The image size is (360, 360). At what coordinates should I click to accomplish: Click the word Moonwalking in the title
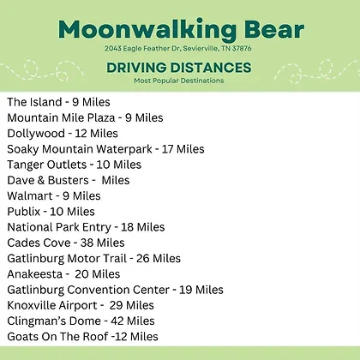tap(147, 30)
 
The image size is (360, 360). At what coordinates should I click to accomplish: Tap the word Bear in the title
tap(274, 30)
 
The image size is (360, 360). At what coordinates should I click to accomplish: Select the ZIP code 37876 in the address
tap(242, 48)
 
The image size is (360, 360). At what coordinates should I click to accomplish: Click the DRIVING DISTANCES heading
tap(179, 68)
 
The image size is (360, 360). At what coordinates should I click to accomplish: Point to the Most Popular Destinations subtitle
tap(179, 81)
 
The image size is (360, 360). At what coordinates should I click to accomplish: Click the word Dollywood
tap(36, 134)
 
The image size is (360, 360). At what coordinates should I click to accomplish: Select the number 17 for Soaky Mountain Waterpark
tap(167, 149)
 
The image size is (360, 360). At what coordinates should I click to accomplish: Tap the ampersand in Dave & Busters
tap(41, 180)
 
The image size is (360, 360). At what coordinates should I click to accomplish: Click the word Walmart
tap(30, 196)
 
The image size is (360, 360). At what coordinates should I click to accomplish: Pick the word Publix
tap(24, 212)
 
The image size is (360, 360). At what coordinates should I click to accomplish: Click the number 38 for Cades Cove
tap(87, 243)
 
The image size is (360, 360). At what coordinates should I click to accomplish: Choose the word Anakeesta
tap(34, 274)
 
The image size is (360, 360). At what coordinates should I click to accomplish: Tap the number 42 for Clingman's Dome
tap(117, 321)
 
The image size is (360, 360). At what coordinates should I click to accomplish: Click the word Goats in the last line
tap(22, 337)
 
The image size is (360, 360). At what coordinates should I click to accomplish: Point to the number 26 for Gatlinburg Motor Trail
tap(143, 259)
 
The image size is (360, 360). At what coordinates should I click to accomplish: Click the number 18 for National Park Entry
tap(128, 227)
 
